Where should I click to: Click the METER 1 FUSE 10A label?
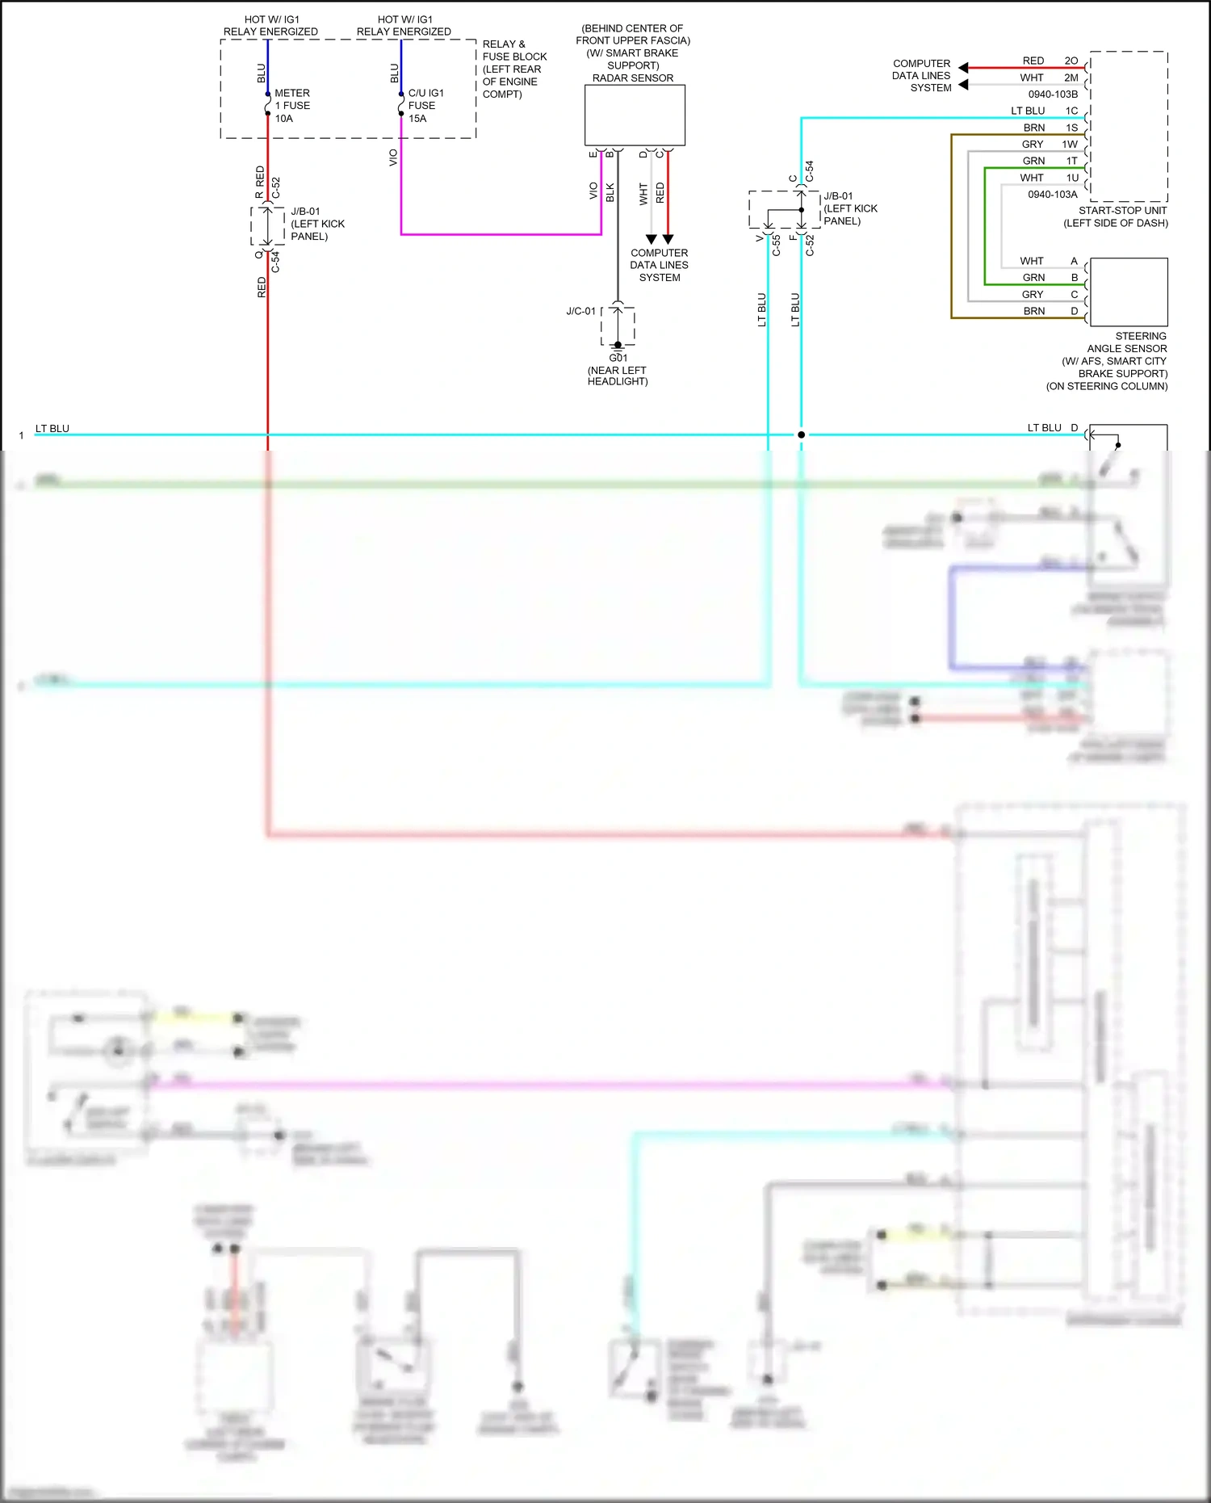click(291, 106)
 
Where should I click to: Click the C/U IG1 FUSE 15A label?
click(425, 106)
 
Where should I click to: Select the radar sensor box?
click(634, 115)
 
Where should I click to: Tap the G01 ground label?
click(618, 358)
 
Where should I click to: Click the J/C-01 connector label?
click(580, 311)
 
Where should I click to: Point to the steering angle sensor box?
click(1128, 292)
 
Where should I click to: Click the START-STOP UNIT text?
click(1122, 210)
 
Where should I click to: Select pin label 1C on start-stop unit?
click(1071, 111)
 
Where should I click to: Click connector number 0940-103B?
click(1053, 94)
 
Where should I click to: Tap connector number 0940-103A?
click(1052, 195)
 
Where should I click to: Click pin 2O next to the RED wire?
click(1071, 61)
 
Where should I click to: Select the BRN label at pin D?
click(1033, 311)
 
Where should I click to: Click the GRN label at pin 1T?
click(1033, 161)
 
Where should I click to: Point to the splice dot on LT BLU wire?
click(801, 435)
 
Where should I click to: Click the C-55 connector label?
click(776, 246)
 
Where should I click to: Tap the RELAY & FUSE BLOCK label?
click(514, 69)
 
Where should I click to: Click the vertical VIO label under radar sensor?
click(593, 191)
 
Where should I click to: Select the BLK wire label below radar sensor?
click(610, 192)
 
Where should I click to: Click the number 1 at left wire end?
click(21, 436)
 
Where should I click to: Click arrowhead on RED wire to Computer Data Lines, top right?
click(963, 68)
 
